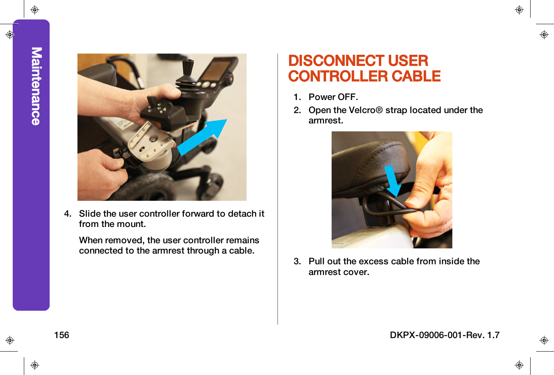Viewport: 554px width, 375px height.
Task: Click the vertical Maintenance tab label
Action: (36, 86)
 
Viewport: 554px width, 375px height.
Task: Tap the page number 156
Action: (62, 335)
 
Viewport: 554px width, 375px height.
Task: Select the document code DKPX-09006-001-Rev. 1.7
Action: (444, 335)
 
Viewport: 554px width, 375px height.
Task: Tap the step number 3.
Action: (297, 262)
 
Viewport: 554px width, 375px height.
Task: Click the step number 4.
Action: (68, 214)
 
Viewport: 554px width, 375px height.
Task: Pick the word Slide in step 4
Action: (89, 214)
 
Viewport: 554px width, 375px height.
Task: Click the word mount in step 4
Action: (134, 224)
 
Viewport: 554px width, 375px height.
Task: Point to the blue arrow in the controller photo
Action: (203, 137)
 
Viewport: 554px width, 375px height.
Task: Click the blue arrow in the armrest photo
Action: (393, 181)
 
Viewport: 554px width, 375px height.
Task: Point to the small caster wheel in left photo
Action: (215, 183)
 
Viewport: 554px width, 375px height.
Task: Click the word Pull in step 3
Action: (317, 262)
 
